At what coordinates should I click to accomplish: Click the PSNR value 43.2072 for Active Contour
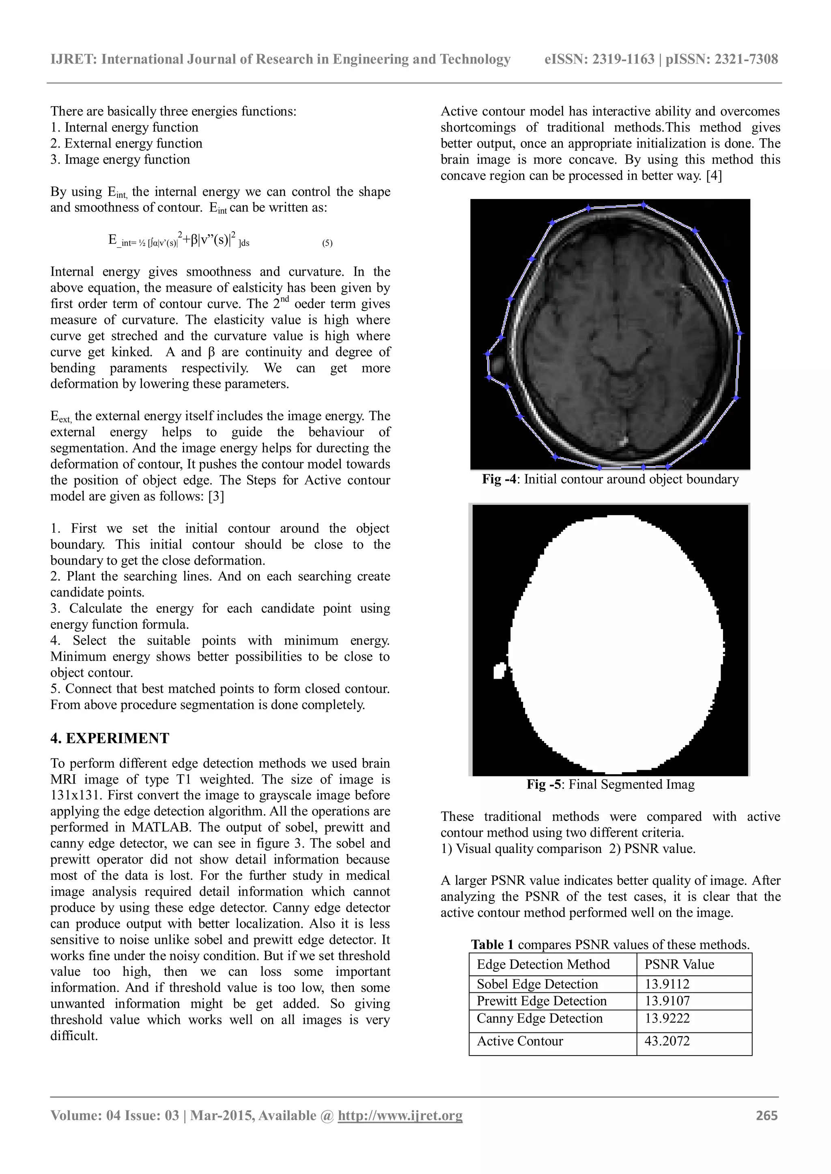(x=667, y=1041)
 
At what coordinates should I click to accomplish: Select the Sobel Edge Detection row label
(x=537, y=984)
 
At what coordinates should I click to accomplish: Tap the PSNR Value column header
(x=679, y=964)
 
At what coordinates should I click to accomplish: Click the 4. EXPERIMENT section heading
(x=110, y=738)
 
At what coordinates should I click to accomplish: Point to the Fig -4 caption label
(x=500, y=479)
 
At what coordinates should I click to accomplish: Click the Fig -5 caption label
(x=545, y=784)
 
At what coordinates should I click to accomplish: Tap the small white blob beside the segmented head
(x=499, y=671)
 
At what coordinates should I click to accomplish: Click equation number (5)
(x=327, y=243)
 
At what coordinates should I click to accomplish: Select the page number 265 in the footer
(x=766, y=1116)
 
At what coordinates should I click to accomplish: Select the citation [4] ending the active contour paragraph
(x=713, y=176)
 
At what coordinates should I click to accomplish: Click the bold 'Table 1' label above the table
(x=492, y=945)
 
